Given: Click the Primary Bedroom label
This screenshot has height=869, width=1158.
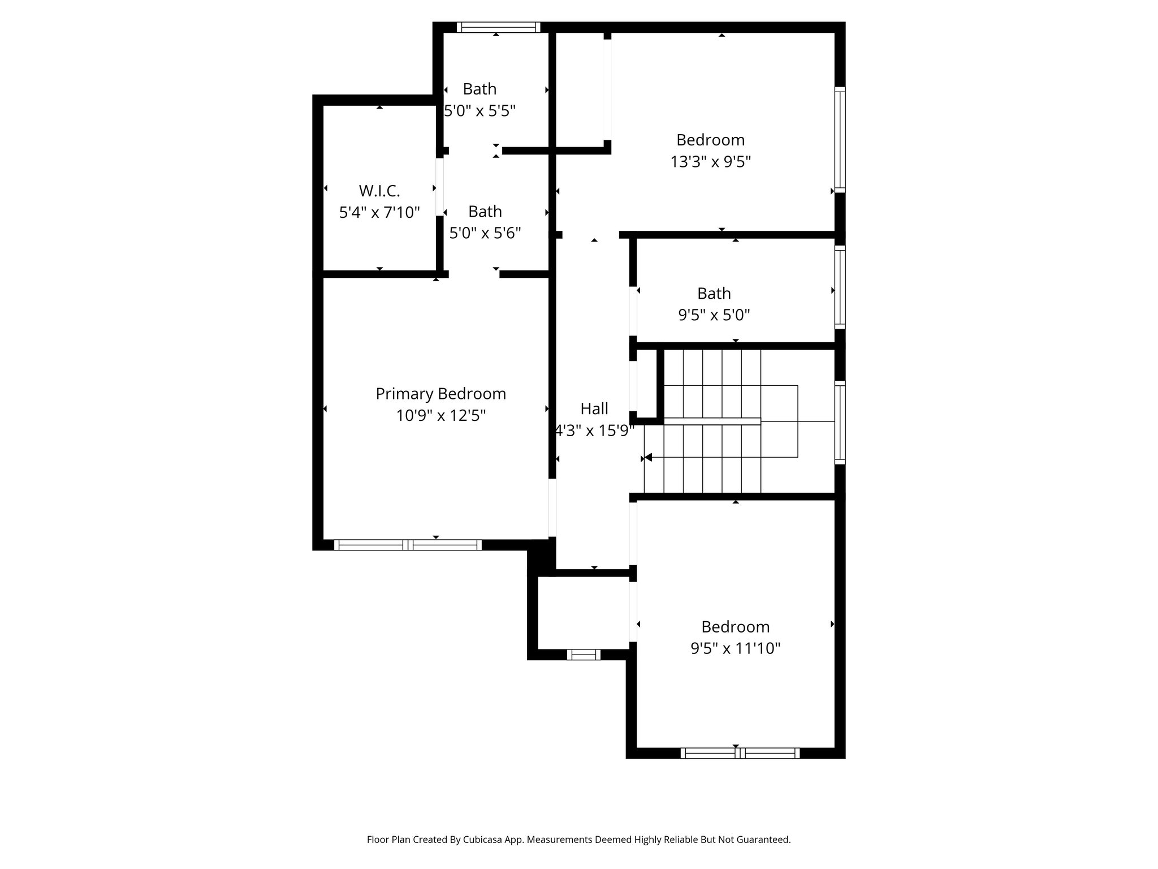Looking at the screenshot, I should (x=440, y=394).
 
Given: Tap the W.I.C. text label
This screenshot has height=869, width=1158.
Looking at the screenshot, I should (x=379, y=191).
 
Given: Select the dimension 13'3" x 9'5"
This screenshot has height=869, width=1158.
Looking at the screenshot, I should (x=710, y=162).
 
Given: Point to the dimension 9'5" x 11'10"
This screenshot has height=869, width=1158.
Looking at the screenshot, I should (x=735, y=648).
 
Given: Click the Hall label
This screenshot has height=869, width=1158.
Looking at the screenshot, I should (x=594, y=408).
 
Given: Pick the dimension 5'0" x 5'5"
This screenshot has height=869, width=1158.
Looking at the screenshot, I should (x=479, y=111).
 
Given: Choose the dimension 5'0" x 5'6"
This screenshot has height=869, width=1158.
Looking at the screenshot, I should (x=485, y=233).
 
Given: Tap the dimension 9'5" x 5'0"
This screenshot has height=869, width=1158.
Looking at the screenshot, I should (x=714, y=315).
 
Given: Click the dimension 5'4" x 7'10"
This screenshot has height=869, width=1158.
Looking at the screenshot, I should (x=379, y=213).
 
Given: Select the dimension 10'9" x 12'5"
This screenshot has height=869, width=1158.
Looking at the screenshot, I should (x=440, y=416).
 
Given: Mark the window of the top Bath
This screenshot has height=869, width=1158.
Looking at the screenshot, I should (x=498, y=27).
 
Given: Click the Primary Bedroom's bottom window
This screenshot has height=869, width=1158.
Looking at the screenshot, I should (x=407, y=545).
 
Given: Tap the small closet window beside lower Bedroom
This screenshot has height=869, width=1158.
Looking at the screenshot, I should (x=584, y=655).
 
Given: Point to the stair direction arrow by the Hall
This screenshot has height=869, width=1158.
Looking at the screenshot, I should (x=648, y=457).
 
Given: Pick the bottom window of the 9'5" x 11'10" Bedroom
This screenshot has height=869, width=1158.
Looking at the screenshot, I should (x=740, y=753).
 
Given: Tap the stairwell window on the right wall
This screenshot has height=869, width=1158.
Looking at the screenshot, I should (x=840, y=422).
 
